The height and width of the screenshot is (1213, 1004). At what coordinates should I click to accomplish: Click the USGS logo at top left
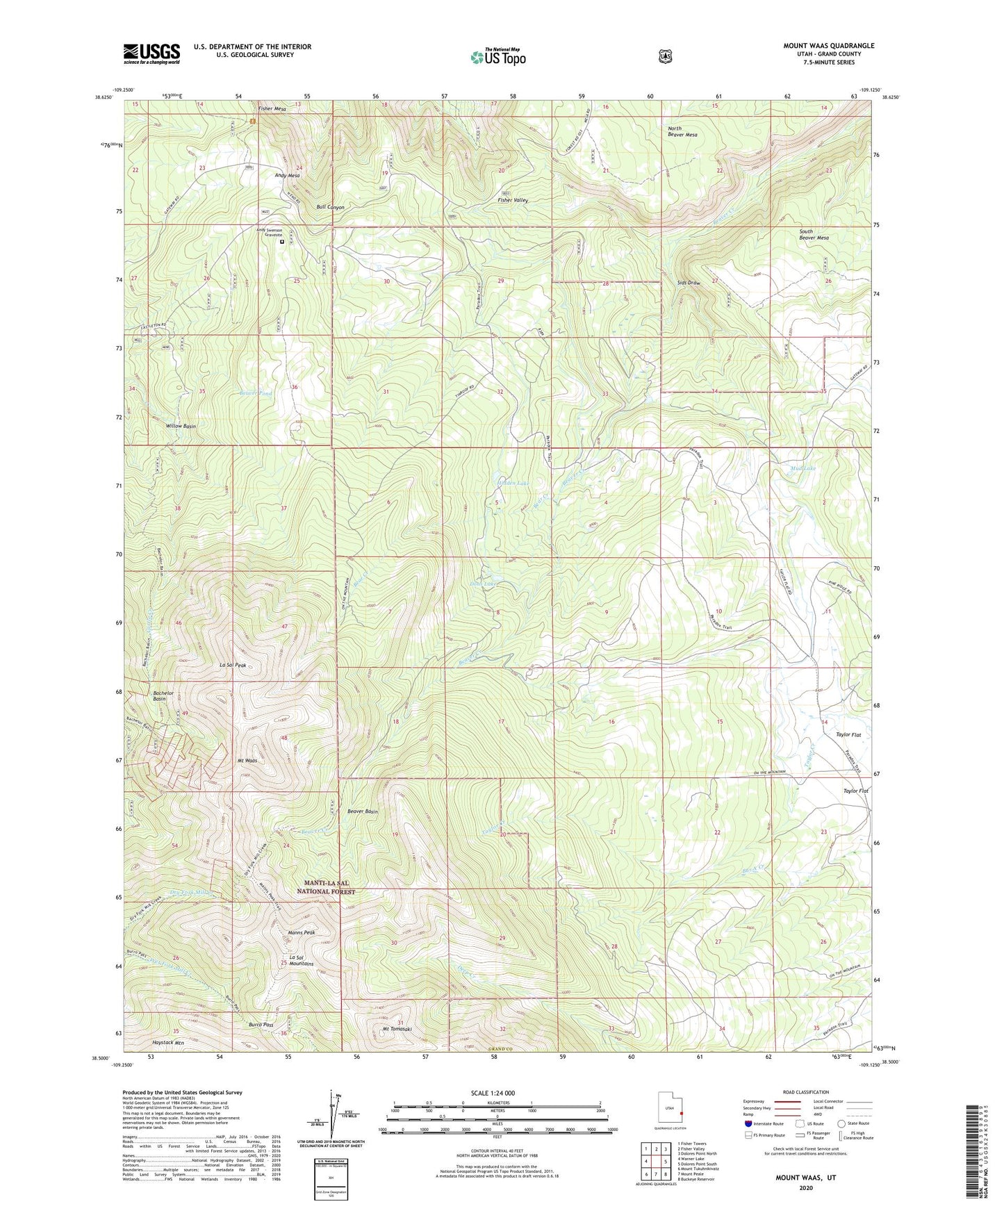(151, 53)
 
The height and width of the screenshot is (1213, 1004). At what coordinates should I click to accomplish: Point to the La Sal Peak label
(233, 665)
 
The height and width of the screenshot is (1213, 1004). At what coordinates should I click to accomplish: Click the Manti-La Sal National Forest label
(326, 887)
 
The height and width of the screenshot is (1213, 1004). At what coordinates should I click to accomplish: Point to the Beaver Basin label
(363, 811)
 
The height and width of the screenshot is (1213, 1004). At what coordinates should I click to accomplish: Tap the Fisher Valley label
(513, 200)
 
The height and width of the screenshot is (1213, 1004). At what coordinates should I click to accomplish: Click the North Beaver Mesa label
(682, 131)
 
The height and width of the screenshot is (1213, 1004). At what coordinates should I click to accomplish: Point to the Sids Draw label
(689, 283)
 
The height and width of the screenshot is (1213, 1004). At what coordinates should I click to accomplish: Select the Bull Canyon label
(330, 207)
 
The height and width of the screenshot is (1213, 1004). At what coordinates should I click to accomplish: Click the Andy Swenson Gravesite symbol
(282, 242)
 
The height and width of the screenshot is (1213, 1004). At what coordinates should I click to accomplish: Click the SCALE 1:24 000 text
(493, 1093)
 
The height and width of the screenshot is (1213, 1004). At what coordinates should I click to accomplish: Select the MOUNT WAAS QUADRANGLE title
(829, 46)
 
